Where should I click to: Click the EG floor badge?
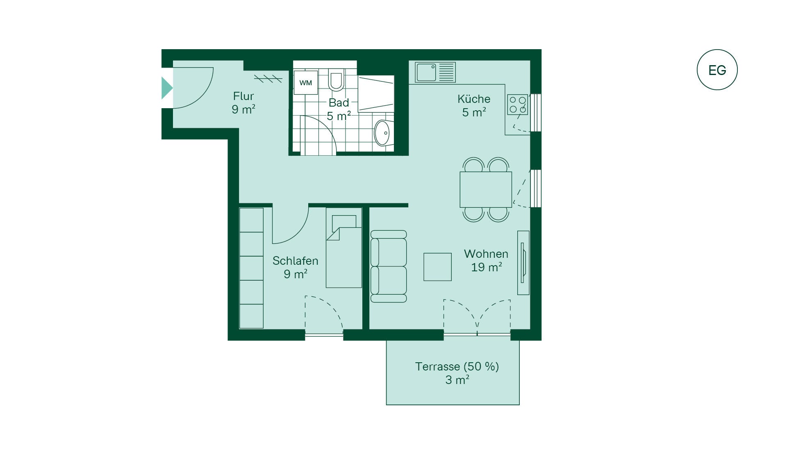[x=717, y=70]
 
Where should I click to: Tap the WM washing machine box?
[x=306, y=82]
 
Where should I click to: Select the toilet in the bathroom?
[x=336, y=80]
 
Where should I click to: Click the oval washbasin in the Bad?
[x=382, y=133]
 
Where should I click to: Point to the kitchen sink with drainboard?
[x=435, y=72]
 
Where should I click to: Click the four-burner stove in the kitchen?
[x=517, y=105]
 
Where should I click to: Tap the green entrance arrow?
[x=167, y=88]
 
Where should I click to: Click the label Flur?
[x=243, y=96]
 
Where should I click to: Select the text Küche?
[x=474, y=99]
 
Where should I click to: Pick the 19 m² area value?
[x=487, y=267]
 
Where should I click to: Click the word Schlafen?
[x=295, y=261]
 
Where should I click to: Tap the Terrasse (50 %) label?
[x=457, y=366]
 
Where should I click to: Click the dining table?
[x=486, y=189]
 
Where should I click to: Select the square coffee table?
[x=437, y=267]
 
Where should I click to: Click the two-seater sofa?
[x=388, y=266]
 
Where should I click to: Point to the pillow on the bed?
[x=344, y=221]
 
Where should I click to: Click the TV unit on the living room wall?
[x=523, y=263]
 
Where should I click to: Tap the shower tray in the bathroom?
[x=376, y=93]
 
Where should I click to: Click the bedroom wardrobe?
[x=251, y=268]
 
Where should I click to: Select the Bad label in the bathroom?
[x=339, y=102]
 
